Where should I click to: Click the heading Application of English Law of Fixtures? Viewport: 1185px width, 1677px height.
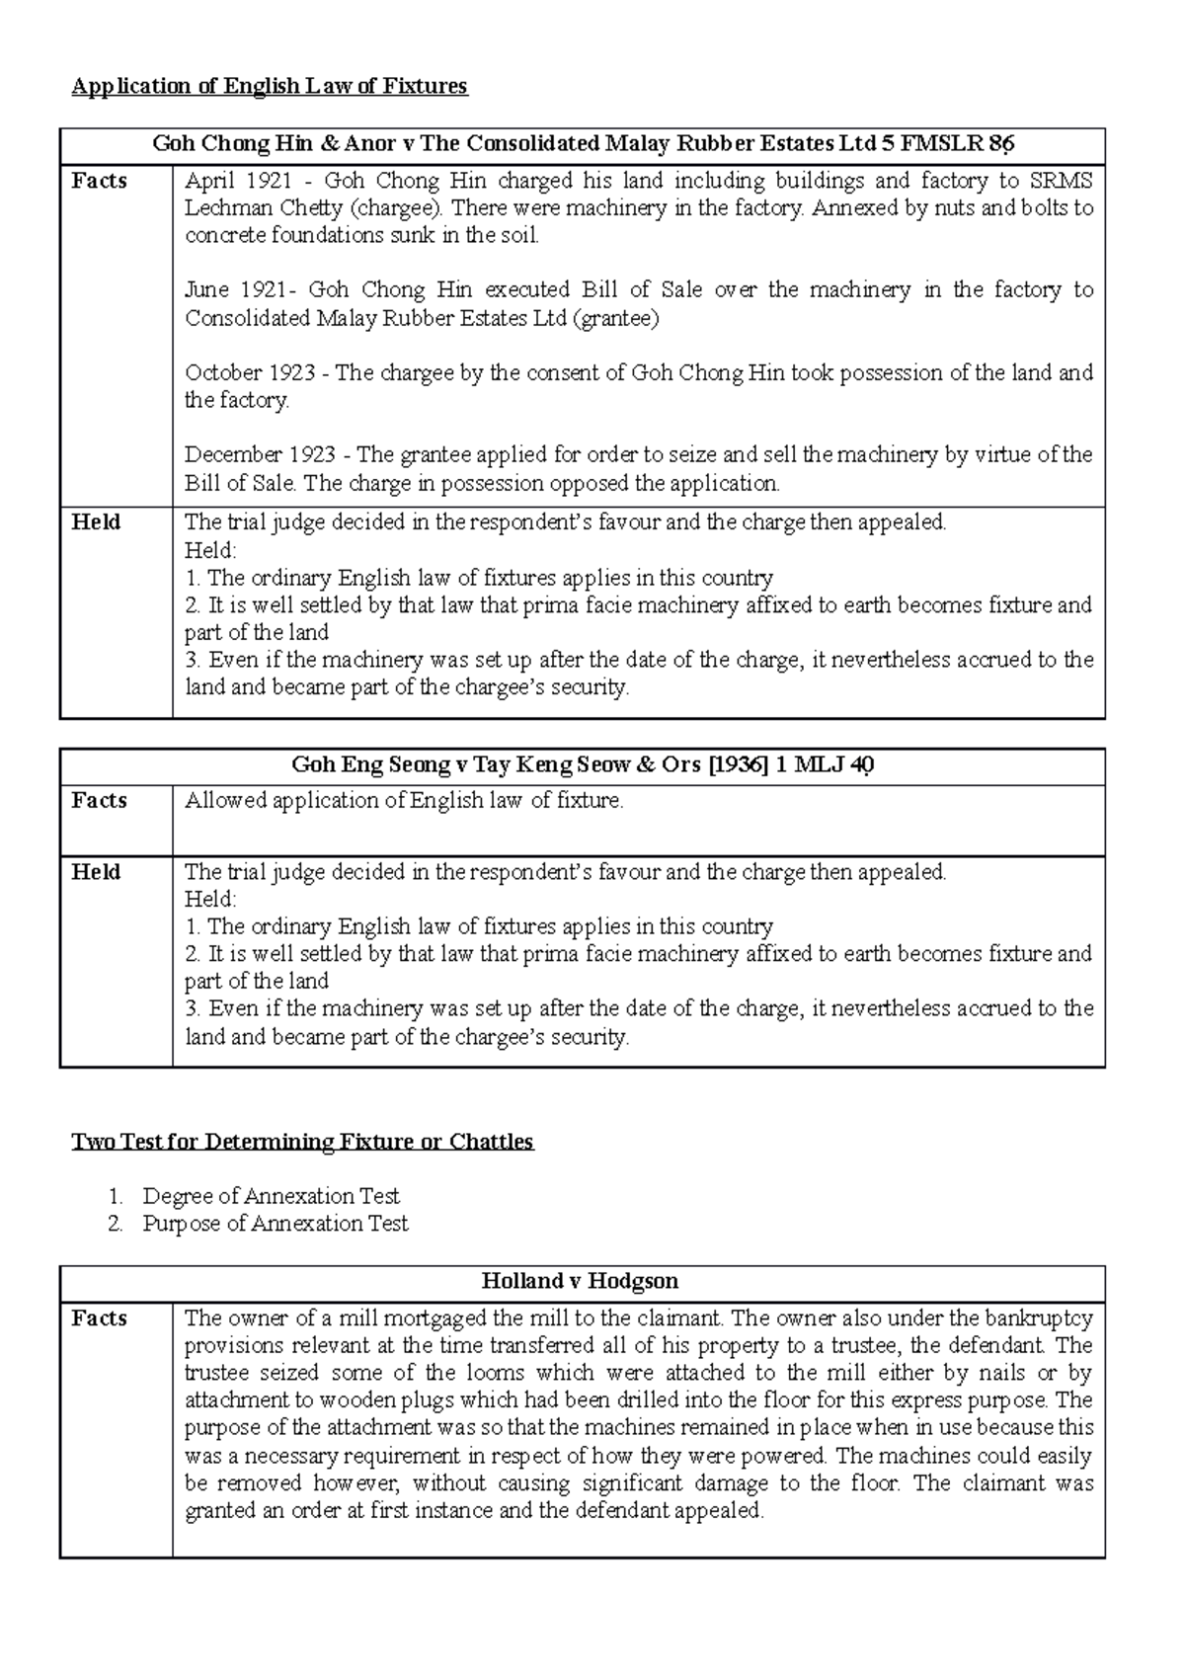269,87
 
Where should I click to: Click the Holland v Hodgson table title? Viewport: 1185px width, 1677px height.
581,1282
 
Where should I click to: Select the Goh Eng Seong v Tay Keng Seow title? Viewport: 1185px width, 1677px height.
583,765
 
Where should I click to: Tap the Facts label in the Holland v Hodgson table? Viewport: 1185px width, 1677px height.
99,1318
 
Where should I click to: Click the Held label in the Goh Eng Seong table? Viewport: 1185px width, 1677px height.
96,872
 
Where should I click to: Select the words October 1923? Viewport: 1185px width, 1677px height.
251,373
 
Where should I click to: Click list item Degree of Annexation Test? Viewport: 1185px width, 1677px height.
271,1197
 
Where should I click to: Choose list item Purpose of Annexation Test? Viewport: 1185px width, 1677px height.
275,1225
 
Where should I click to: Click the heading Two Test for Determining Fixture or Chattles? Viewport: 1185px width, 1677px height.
302,1143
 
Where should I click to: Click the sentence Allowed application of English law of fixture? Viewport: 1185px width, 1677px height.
404,801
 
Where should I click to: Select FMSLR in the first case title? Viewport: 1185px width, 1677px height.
932,144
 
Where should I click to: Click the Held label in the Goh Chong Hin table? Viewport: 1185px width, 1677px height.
96,522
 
